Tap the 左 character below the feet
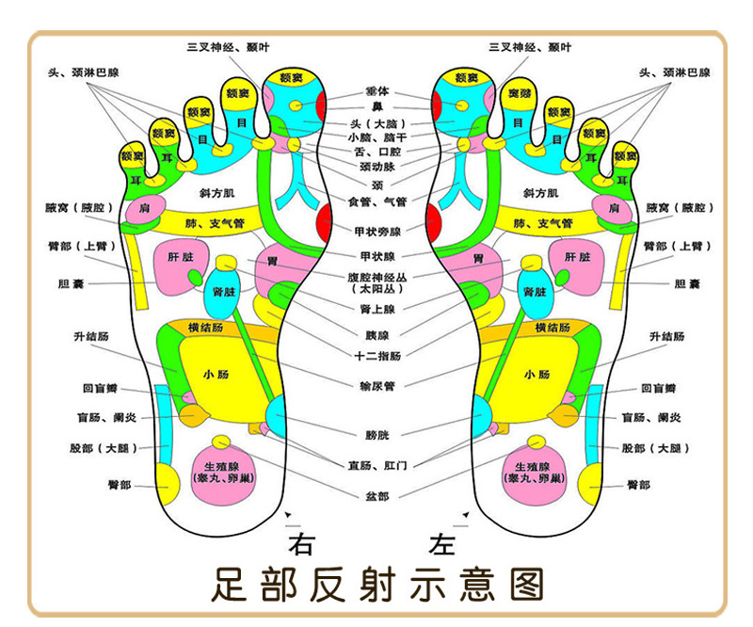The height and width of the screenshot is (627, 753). coord(442,543)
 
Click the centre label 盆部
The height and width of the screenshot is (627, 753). coord(377,495)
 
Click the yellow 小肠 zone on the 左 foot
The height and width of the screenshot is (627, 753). coord(537,373)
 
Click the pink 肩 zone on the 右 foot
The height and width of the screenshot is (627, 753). coord(144,207)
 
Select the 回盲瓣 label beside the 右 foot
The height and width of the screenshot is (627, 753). coord(99,388)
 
